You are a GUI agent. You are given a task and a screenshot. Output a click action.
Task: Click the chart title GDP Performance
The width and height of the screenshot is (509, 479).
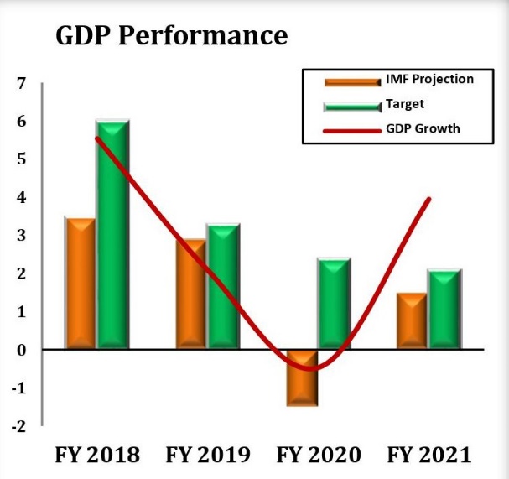[171, 36]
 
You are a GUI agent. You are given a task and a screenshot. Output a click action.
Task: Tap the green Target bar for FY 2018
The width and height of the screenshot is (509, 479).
[112, 234]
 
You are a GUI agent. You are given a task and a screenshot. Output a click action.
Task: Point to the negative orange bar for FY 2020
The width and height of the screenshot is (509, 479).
[301, 377]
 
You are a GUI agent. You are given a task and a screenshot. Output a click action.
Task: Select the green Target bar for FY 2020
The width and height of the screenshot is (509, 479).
[334, 302]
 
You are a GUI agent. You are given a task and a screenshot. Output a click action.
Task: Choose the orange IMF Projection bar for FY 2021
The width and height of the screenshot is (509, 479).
[411, 320]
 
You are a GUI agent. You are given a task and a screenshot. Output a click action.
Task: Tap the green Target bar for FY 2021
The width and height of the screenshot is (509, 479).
[444, 308]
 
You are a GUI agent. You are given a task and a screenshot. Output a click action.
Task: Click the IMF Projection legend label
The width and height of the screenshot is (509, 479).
[429, 80]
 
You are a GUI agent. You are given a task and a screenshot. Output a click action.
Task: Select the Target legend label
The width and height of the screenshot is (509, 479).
[405, 104]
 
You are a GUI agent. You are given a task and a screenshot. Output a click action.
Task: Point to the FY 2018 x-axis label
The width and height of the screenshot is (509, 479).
[97, 456]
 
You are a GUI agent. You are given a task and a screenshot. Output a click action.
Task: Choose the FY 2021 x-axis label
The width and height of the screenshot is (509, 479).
[428, 456]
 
